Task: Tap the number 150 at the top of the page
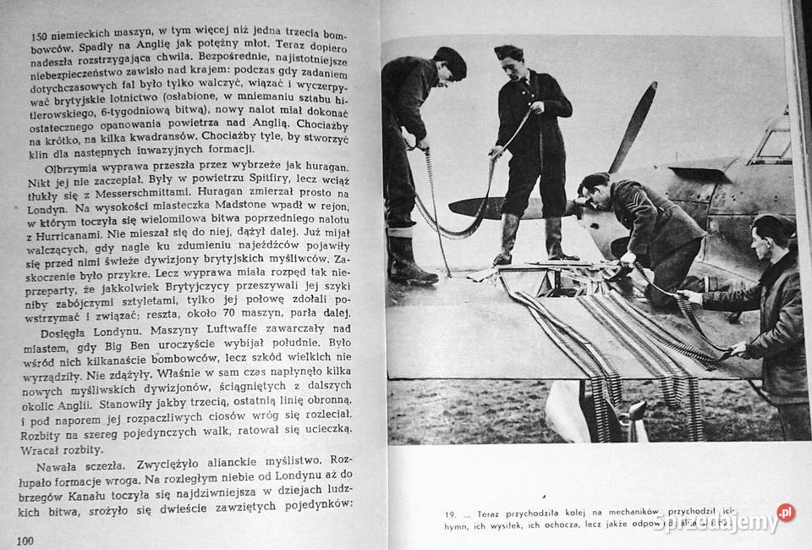coord(39,36)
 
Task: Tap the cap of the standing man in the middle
coord(508,52)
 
